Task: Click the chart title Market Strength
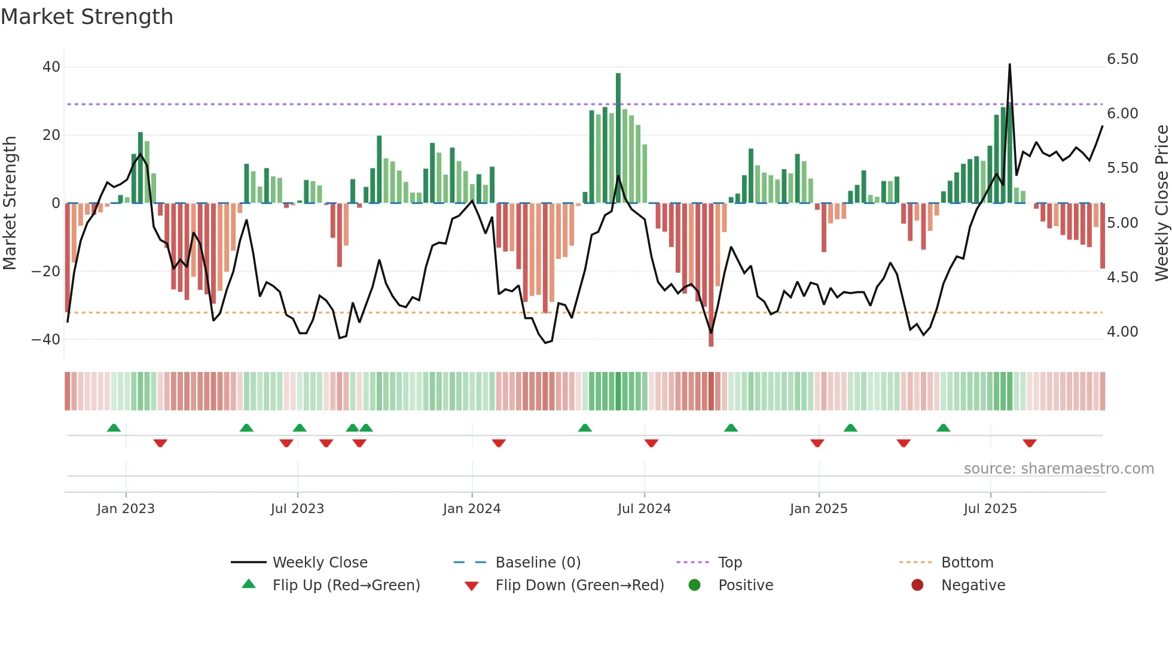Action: [87, 17]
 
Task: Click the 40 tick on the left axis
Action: [51, 67]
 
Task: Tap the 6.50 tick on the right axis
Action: [1122, 59]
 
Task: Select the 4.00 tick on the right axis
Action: [1122, 332]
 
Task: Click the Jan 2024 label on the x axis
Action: [471, 509]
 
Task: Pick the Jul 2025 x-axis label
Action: [990, 509]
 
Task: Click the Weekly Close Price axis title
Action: [1161, 203]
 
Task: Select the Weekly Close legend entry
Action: [319, 563]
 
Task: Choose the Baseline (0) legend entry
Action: [538, 563]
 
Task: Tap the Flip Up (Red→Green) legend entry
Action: [346, 585]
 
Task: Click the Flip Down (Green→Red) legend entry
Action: [579, 585]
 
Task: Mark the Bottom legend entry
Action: [966, 563]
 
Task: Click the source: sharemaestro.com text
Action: [1058, 469]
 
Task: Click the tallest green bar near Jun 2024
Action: [618, 138]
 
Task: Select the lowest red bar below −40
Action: [711, 275]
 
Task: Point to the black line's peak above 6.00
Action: [1010, 65]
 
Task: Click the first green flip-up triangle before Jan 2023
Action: [114, 428]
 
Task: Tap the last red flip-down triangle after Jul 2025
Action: [1029, 443]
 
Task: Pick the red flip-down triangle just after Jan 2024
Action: [499, 443]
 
